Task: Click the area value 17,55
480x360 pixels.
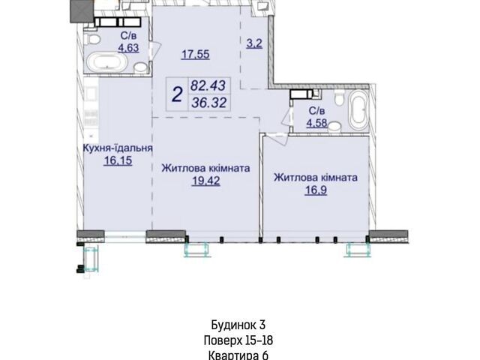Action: (195, 55)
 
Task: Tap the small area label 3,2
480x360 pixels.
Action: (254, 43)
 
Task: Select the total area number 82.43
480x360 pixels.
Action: (208, 85)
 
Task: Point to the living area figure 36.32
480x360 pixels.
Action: (209, 103)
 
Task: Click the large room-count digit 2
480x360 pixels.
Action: (178, 94)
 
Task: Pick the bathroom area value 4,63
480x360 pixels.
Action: (128, 48)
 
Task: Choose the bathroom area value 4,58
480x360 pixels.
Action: (316, 123)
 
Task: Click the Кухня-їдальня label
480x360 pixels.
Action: (118, 148)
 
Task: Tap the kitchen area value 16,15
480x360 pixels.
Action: (118, 160)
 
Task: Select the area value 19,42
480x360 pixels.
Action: (205, 181)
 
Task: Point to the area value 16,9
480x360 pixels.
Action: (316, 190)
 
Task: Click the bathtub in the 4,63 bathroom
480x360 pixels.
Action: (106, 61)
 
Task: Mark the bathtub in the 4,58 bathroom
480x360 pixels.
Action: (358, 110)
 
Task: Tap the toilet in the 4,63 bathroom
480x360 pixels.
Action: (91, 39)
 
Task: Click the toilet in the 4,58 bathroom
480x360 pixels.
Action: (339, 97)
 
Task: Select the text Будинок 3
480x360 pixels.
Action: (238, 325)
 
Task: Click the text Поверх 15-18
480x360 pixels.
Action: (238, 340)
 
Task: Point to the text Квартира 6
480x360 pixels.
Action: (238, 355)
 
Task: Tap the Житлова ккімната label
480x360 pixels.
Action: (205, 168)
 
